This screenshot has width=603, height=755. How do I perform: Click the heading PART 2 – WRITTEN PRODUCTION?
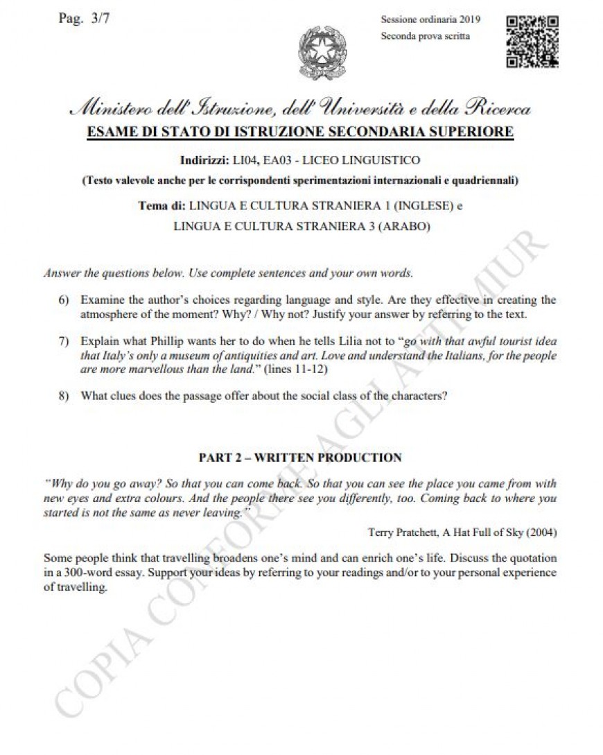(300, 458)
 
